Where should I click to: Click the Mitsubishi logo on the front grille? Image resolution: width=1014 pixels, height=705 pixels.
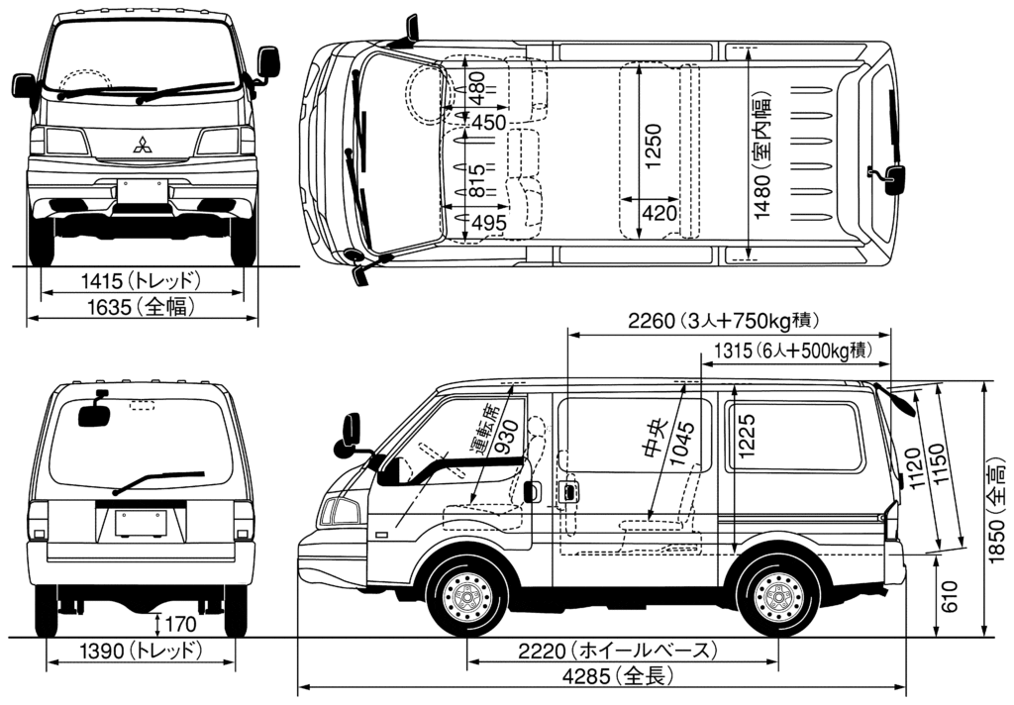point(144,145)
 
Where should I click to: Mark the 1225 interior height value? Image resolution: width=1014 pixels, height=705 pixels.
point(746,438)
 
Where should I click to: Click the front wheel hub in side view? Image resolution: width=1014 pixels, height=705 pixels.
point(465,597)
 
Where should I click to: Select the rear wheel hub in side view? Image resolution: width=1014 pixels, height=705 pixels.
point(778,597)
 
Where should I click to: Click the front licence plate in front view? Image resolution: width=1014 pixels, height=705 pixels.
point(142,191)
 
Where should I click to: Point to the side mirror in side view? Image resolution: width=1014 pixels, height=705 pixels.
point(352,434)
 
